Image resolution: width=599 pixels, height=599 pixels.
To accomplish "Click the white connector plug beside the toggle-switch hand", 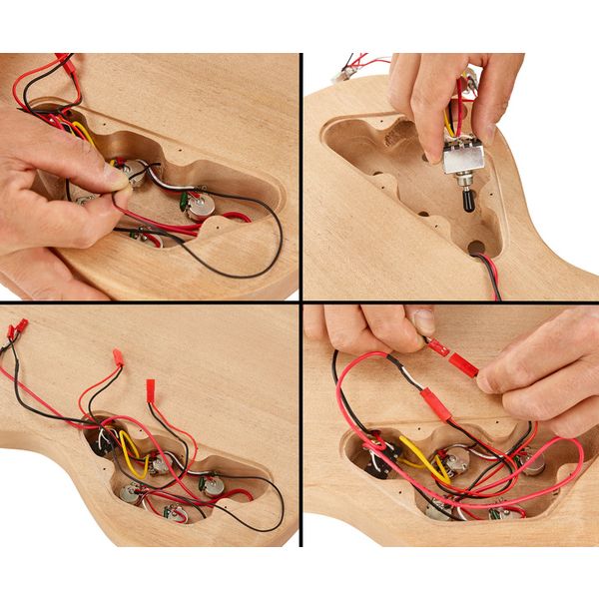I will tap(351, 71).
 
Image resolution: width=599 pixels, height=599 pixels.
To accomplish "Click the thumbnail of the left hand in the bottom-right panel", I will tap(425, 322).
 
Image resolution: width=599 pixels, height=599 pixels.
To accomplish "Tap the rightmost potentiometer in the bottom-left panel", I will tap(213, 485).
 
